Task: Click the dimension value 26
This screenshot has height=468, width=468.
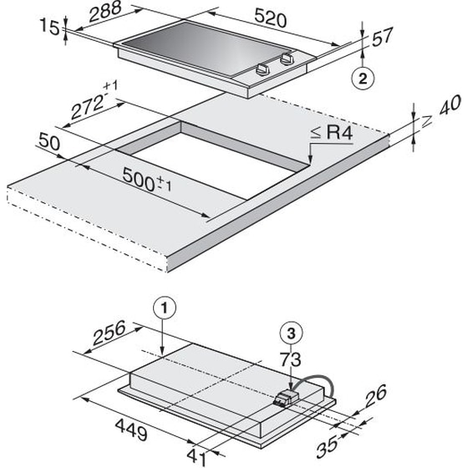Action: pos(377,394)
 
